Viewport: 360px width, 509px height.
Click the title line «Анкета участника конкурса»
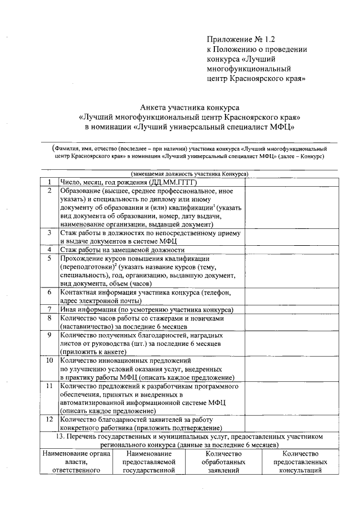pos(190,107)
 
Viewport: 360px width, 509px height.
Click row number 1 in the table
pos(49,183)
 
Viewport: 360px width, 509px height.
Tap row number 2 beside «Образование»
pos(49,191)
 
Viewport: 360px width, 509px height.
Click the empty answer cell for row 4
pos(291,249)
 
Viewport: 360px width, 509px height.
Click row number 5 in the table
pos(49,258)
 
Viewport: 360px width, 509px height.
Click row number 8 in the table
pos(49,318)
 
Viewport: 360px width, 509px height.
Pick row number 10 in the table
pos(49,360)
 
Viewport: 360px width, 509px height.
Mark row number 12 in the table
pos(49,420)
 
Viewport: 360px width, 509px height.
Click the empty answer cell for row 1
pos(291,183)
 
